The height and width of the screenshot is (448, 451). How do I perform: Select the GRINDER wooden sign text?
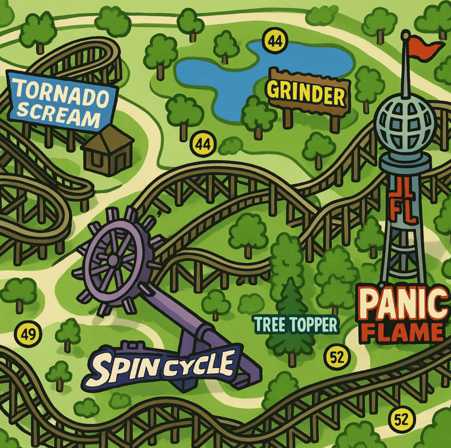point(307,92)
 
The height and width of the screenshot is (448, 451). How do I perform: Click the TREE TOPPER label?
point(296,325)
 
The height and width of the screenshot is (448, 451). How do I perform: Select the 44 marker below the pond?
point(203,144)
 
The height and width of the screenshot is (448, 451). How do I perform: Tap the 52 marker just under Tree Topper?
point(337,357)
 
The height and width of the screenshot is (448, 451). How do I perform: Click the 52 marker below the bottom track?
point(402,420)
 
